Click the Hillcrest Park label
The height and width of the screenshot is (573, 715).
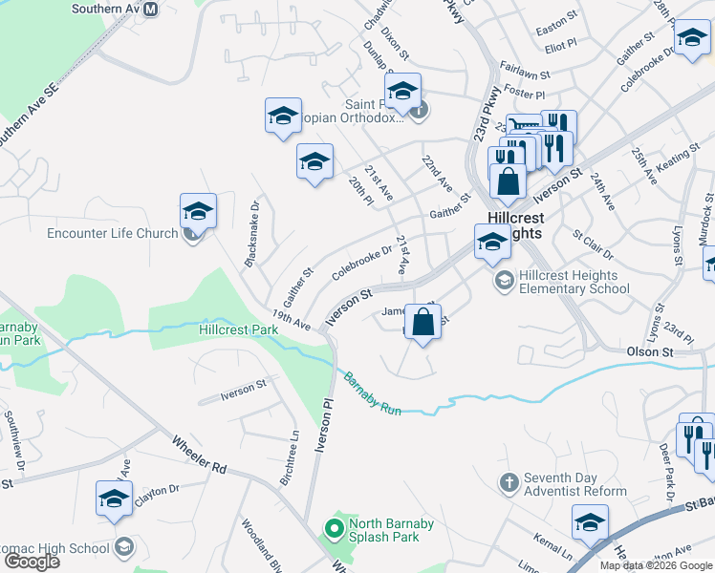point(238,329)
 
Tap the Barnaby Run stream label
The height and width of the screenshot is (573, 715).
point(373,393)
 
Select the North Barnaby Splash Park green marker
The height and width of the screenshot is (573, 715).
point(333,526)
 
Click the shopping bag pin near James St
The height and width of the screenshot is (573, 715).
point(422,321)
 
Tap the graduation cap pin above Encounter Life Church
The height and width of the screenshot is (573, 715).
point(198,211)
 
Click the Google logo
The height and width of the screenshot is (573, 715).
point(32,562)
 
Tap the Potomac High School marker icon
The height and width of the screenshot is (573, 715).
point(123,547)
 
